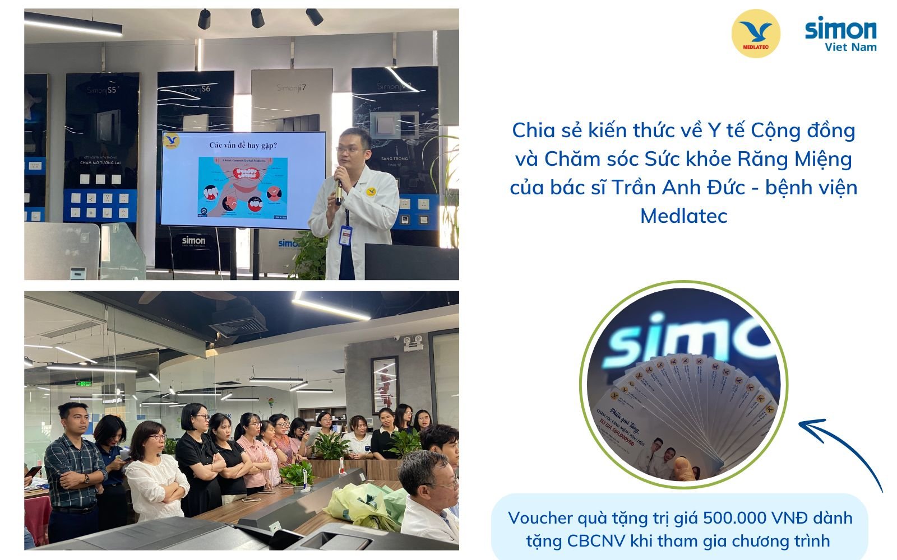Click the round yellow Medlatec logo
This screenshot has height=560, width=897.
(x=756, y=34)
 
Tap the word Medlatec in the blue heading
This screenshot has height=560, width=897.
(x=683, y=216)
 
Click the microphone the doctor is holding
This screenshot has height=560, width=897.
(x=338, y=184)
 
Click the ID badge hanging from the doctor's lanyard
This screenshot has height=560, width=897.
(x=345, y=236)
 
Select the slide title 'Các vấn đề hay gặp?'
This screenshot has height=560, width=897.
(x=243, y=146)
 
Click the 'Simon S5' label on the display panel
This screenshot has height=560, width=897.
(x=101, y=90)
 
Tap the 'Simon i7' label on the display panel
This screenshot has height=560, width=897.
(x=291, y=88)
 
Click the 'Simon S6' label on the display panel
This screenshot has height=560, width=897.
(x=195, y=89)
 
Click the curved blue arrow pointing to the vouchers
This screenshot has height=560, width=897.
(x=841, y=448)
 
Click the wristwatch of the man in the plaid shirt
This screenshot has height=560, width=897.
(x=86, y=479)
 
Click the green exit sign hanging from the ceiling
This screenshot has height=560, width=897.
(x=85, y=384)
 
